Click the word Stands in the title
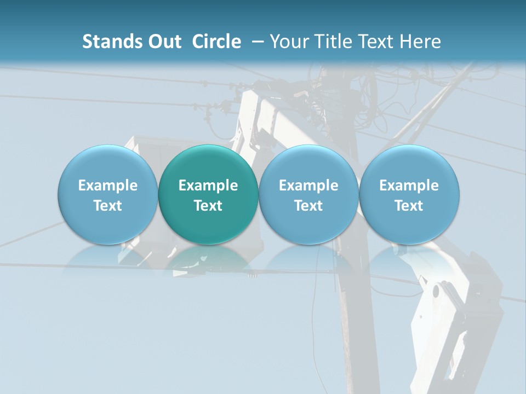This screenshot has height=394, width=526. click(x=111, y=42)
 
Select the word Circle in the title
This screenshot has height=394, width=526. click(x=216, y=42)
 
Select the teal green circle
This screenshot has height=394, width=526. click(x=208, y=194)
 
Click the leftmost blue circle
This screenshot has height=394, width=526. click(x=108, y=194)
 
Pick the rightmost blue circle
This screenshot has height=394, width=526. click(x=409, y=194)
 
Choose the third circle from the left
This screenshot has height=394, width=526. click(x=308, y=194)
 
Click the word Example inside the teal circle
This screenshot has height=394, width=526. click(x=208, y=186)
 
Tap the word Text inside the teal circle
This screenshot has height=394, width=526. click(x=208, y=206)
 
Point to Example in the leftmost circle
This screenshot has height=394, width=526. click(x=108, y=186)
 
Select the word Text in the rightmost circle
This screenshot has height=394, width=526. click(x=409, y=206)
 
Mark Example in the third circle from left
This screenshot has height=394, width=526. click(x=308, y=186)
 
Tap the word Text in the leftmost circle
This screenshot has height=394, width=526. click(x=108, y=206)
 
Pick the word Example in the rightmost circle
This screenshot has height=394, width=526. click(x=409, y=186)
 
